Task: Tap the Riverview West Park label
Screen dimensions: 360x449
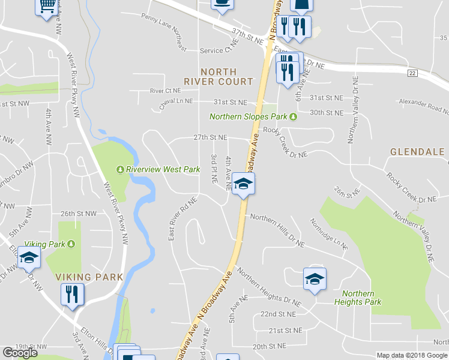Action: (162, 170)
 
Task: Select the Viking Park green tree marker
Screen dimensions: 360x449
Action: (71, 244)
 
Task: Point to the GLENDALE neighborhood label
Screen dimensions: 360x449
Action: (417, 152)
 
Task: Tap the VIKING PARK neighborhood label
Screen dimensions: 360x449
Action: (89, 277)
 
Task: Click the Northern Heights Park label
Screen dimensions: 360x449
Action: (362, 298)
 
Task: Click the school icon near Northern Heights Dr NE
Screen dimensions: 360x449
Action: (315, 279)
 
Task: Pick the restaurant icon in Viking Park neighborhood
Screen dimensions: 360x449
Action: (72, 294)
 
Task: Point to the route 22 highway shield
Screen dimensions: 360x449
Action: (411, 73)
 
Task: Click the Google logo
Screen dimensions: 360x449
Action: (20, 353)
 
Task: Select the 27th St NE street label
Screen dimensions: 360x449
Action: (209, 137)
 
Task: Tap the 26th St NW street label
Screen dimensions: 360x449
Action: (79, 214)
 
